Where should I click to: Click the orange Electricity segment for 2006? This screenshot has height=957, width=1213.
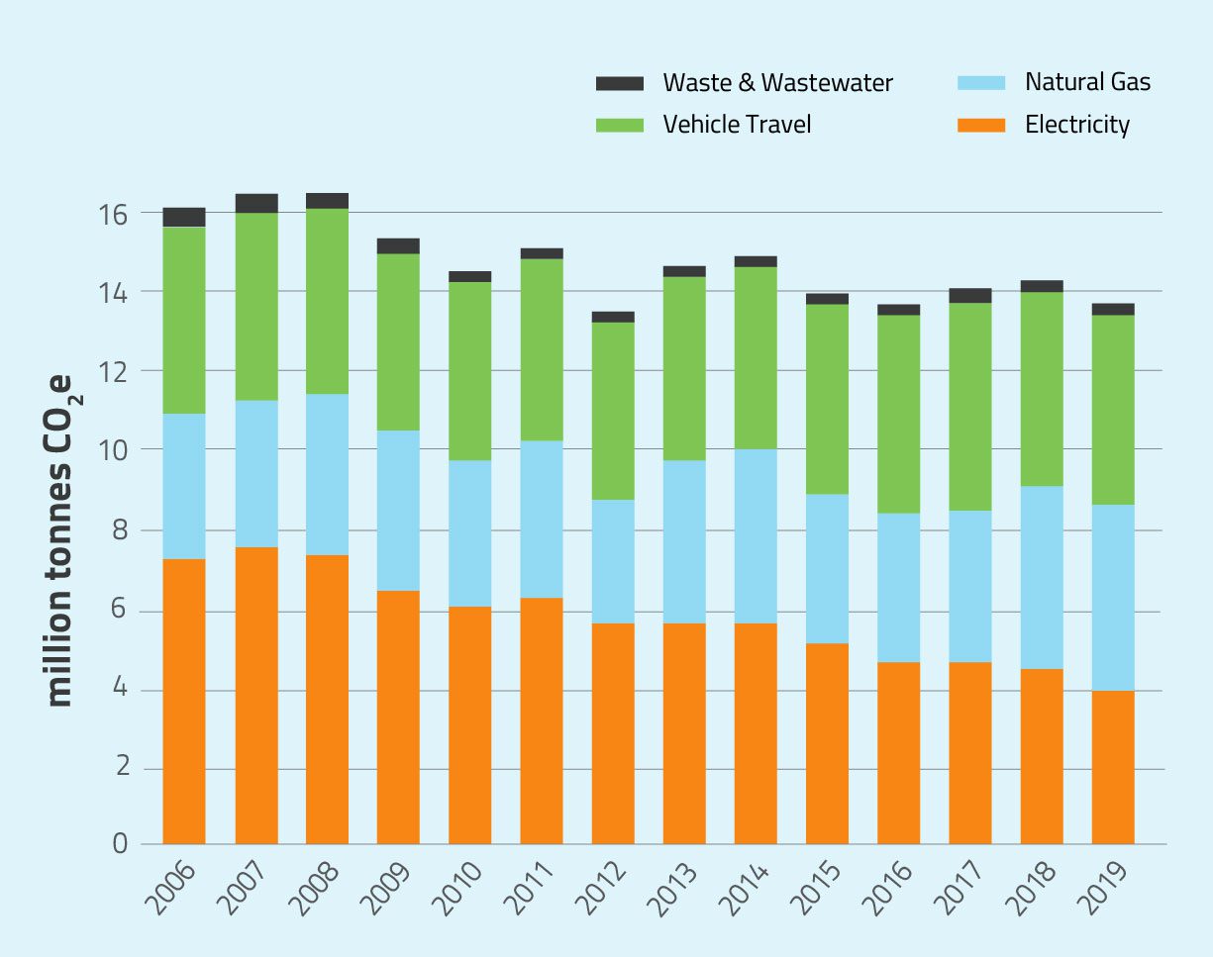[184, 702]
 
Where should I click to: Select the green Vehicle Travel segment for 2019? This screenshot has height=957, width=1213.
[1113, 410]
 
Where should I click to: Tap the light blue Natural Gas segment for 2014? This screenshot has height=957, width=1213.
[756, 536]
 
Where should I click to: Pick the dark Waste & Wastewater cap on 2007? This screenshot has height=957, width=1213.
[256, 203]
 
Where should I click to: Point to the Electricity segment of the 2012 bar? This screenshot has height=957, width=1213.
[613, 733]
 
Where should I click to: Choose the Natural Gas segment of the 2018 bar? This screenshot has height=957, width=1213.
[1042, 578]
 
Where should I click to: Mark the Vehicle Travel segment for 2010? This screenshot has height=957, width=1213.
[469, 371]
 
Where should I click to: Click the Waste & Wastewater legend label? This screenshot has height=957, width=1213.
[777, 83]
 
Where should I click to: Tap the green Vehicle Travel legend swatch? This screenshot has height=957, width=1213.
[620, 125]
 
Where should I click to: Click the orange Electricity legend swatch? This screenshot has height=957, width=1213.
[980, 125]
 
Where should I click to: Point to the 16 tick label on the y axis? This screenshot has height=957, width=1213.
[114, 214]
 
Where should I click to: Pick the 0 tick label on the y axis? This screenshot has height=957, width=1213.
[121, 844]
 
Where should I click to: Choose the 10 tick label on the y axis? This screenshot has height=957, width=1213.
[114, 450]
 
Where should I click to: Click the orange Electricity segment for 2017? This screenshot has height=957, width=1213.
[970, 753]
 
